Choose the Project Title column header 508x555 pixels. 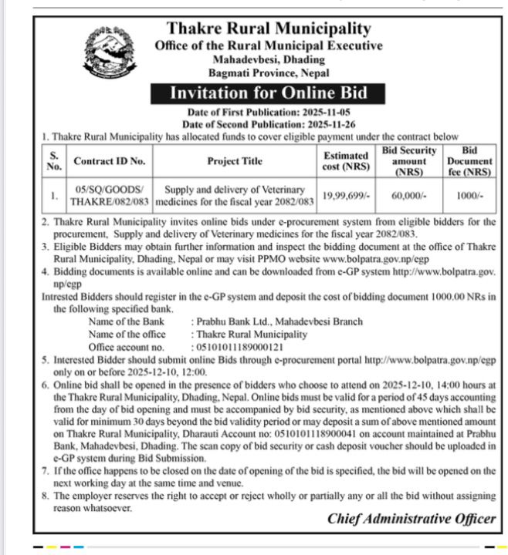[x=235, y=161]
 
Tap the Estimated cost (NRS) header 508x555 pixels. [x=345, y=161]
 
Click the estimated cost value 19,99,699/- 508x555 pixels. [x=347, y=196]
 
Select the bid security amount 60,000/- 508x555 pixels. [x=409, y=196]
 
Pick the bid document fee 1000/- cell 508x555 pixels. [x=469, y=196]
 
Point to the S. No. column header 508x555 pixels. [x=53, y=161]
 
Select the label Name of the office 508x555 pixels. [x=127, y=335]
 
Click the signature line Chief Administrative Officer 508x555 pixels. [x=411, y=518]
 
